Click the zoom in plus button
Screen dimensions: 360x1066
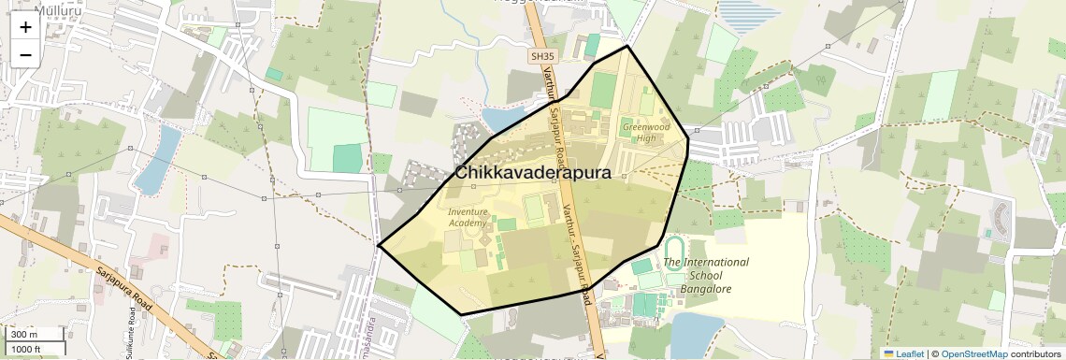tap(25, 27)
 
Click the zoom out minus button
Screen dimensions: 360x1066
tap(25, 54)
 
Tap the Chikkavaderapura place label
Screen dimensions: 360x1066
tap(533, 173)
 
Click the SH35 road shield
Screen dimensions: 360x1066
tap(541, 56)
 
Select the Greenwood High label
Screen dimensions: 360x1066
tap(646, 132)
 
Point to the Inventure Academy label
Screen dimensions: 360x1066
tap(468, 217)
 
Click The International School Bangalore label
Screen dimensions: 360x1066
tap(706, 275)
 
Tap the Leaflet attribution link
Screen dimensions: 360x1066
tap(903, 353)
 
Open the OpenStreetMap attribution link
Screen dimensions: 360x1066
tap(973, 353)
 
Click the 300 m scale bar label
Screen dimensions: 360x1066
tap(24, 335)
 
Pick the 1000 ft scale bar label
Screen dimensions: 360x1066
tap(28, 350)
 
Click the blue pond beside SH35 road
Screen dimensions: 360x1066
tap(503, 119)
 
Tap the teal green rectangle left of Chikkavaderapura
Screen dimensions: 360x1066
tap(348, 158)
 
